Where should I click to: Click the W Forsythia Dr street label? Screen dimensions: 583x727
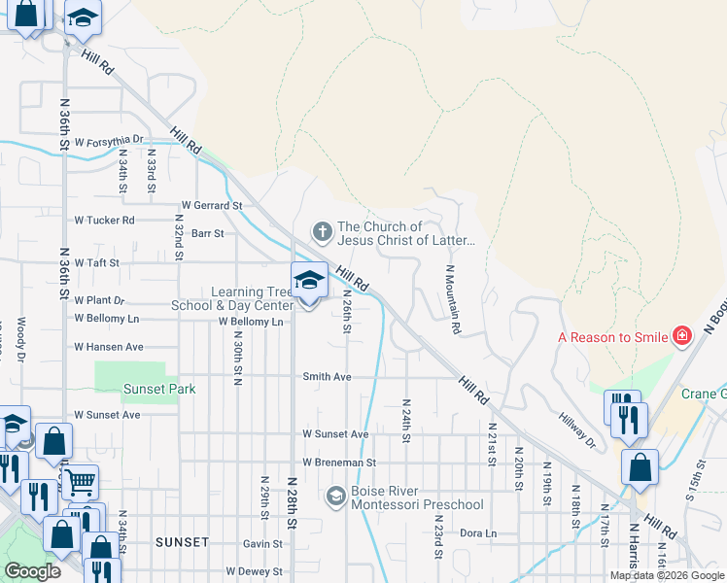(109, 140)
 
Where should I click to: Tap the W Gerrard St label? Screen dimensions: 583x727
(212, 206)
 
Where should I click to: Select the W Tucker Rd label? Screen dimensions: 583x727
(105, 221)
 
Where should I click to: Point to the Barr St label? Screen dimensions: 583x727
(207, 233)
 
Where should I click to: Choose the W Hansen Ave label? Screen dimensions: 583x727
(109, 346)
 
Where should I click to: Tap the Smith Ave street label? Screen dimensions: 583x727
(326, 376)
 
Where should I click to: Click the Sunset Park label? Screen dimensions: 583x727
(159, 390)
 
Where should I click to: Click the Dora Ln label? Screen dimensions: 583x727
(477, 533)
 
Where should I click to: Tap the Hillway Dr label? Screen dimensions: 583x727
(577, 429)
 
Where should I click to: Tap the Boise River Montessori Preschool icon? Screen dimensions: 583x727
(335, 497)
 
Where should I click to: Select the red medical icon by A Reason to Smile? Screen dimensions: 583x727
(682, 336)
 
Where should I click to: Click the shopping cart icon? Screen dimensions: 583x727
(80, 480)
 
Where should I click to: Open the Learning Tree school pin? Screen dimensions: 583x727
(309, 282)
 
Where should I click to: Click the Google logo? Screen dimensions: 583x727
(31, 571)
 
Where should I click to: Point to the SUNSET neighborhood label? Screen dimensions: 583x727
(182, 541)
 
